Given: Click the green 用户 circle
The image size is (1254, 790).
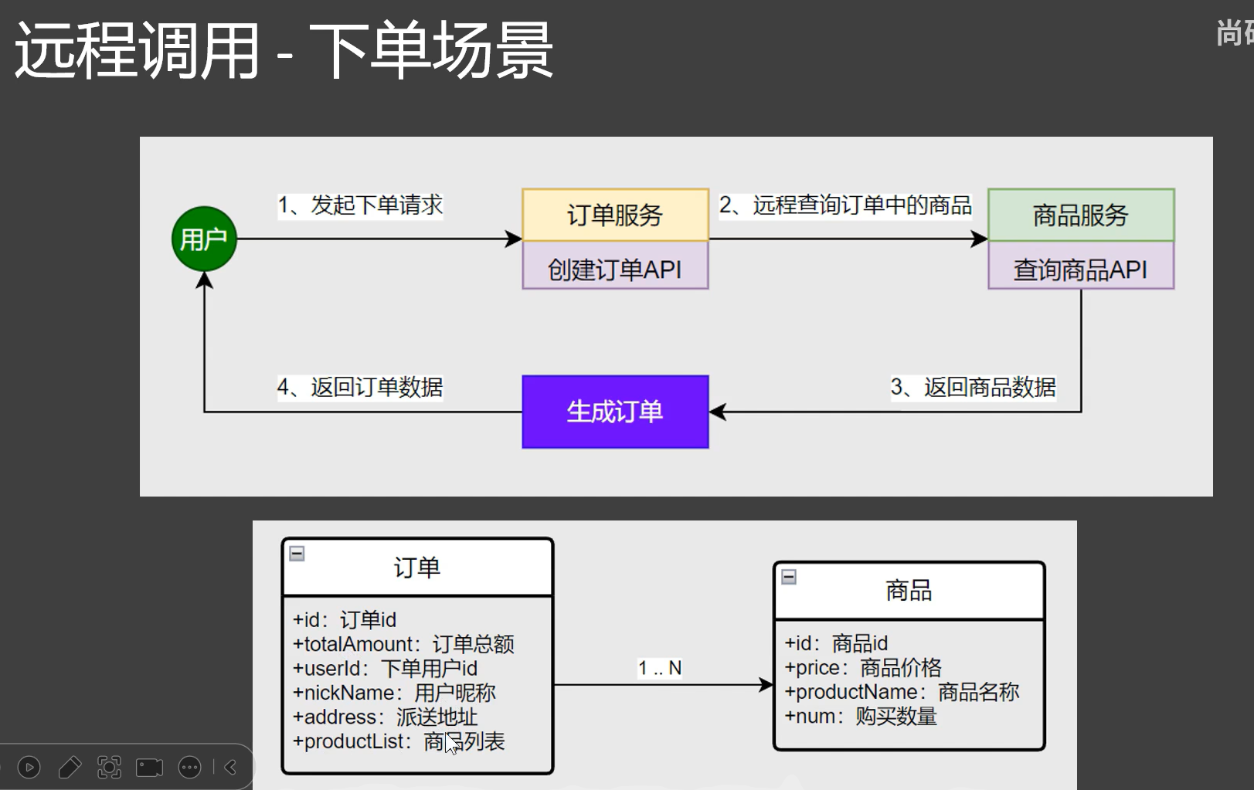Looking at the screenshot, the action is pos(204,239).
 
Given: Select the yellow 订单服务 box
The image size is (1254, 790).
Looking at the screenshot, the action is pos(615,215).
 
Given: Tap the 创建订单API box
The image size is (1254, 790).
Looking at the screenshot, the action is pos(615,268).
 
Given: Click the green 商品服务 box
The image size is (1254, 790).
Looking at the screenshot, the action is pos(1081,215).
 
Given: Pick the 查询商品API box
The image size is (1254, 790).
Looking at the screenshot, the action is pos(1081,268).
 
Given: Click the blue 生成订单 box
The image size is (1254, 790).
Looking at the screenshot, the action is pos(615,412).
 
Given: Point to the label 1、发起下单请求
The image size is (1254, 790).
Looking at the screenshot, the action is pos(360,205).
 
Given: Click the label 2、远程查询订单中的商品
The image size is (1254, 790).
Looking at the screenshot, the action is pos(845,205).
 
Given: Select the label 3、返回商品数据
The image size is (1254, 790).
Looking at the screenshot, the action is pos(973,387).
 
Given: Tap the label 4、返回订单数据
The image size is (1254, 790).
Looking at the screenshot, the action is pos(360,387).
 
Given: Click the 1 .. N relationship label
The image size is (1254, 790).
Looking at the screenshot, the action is pos(659,668).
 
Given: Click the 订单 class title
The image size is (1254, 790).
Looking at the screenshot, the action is pos(417,568).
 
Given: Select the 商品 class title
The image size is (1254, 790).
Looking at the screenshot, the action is pos(909,591).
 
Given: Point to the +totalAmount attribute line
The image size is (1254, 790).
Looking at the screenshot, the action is pos(403,644).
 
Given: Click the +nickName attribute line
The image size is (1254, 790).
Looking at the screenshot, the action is pos(394,693).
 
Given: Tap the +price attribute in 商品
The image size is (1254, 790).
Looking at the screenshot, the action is pos(863,668).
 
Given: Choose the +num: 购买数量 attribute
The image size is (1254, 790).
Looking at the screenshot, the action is pos(861,717).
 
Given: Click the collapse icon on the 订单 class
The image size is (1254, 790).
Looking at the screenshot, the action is pos(297,553).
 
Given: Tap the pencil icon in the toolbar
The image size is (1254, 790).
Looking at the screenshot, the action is pos(70,767).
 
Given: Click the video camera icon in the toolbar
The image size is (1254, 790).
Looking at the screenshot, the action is pos(149,767).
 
